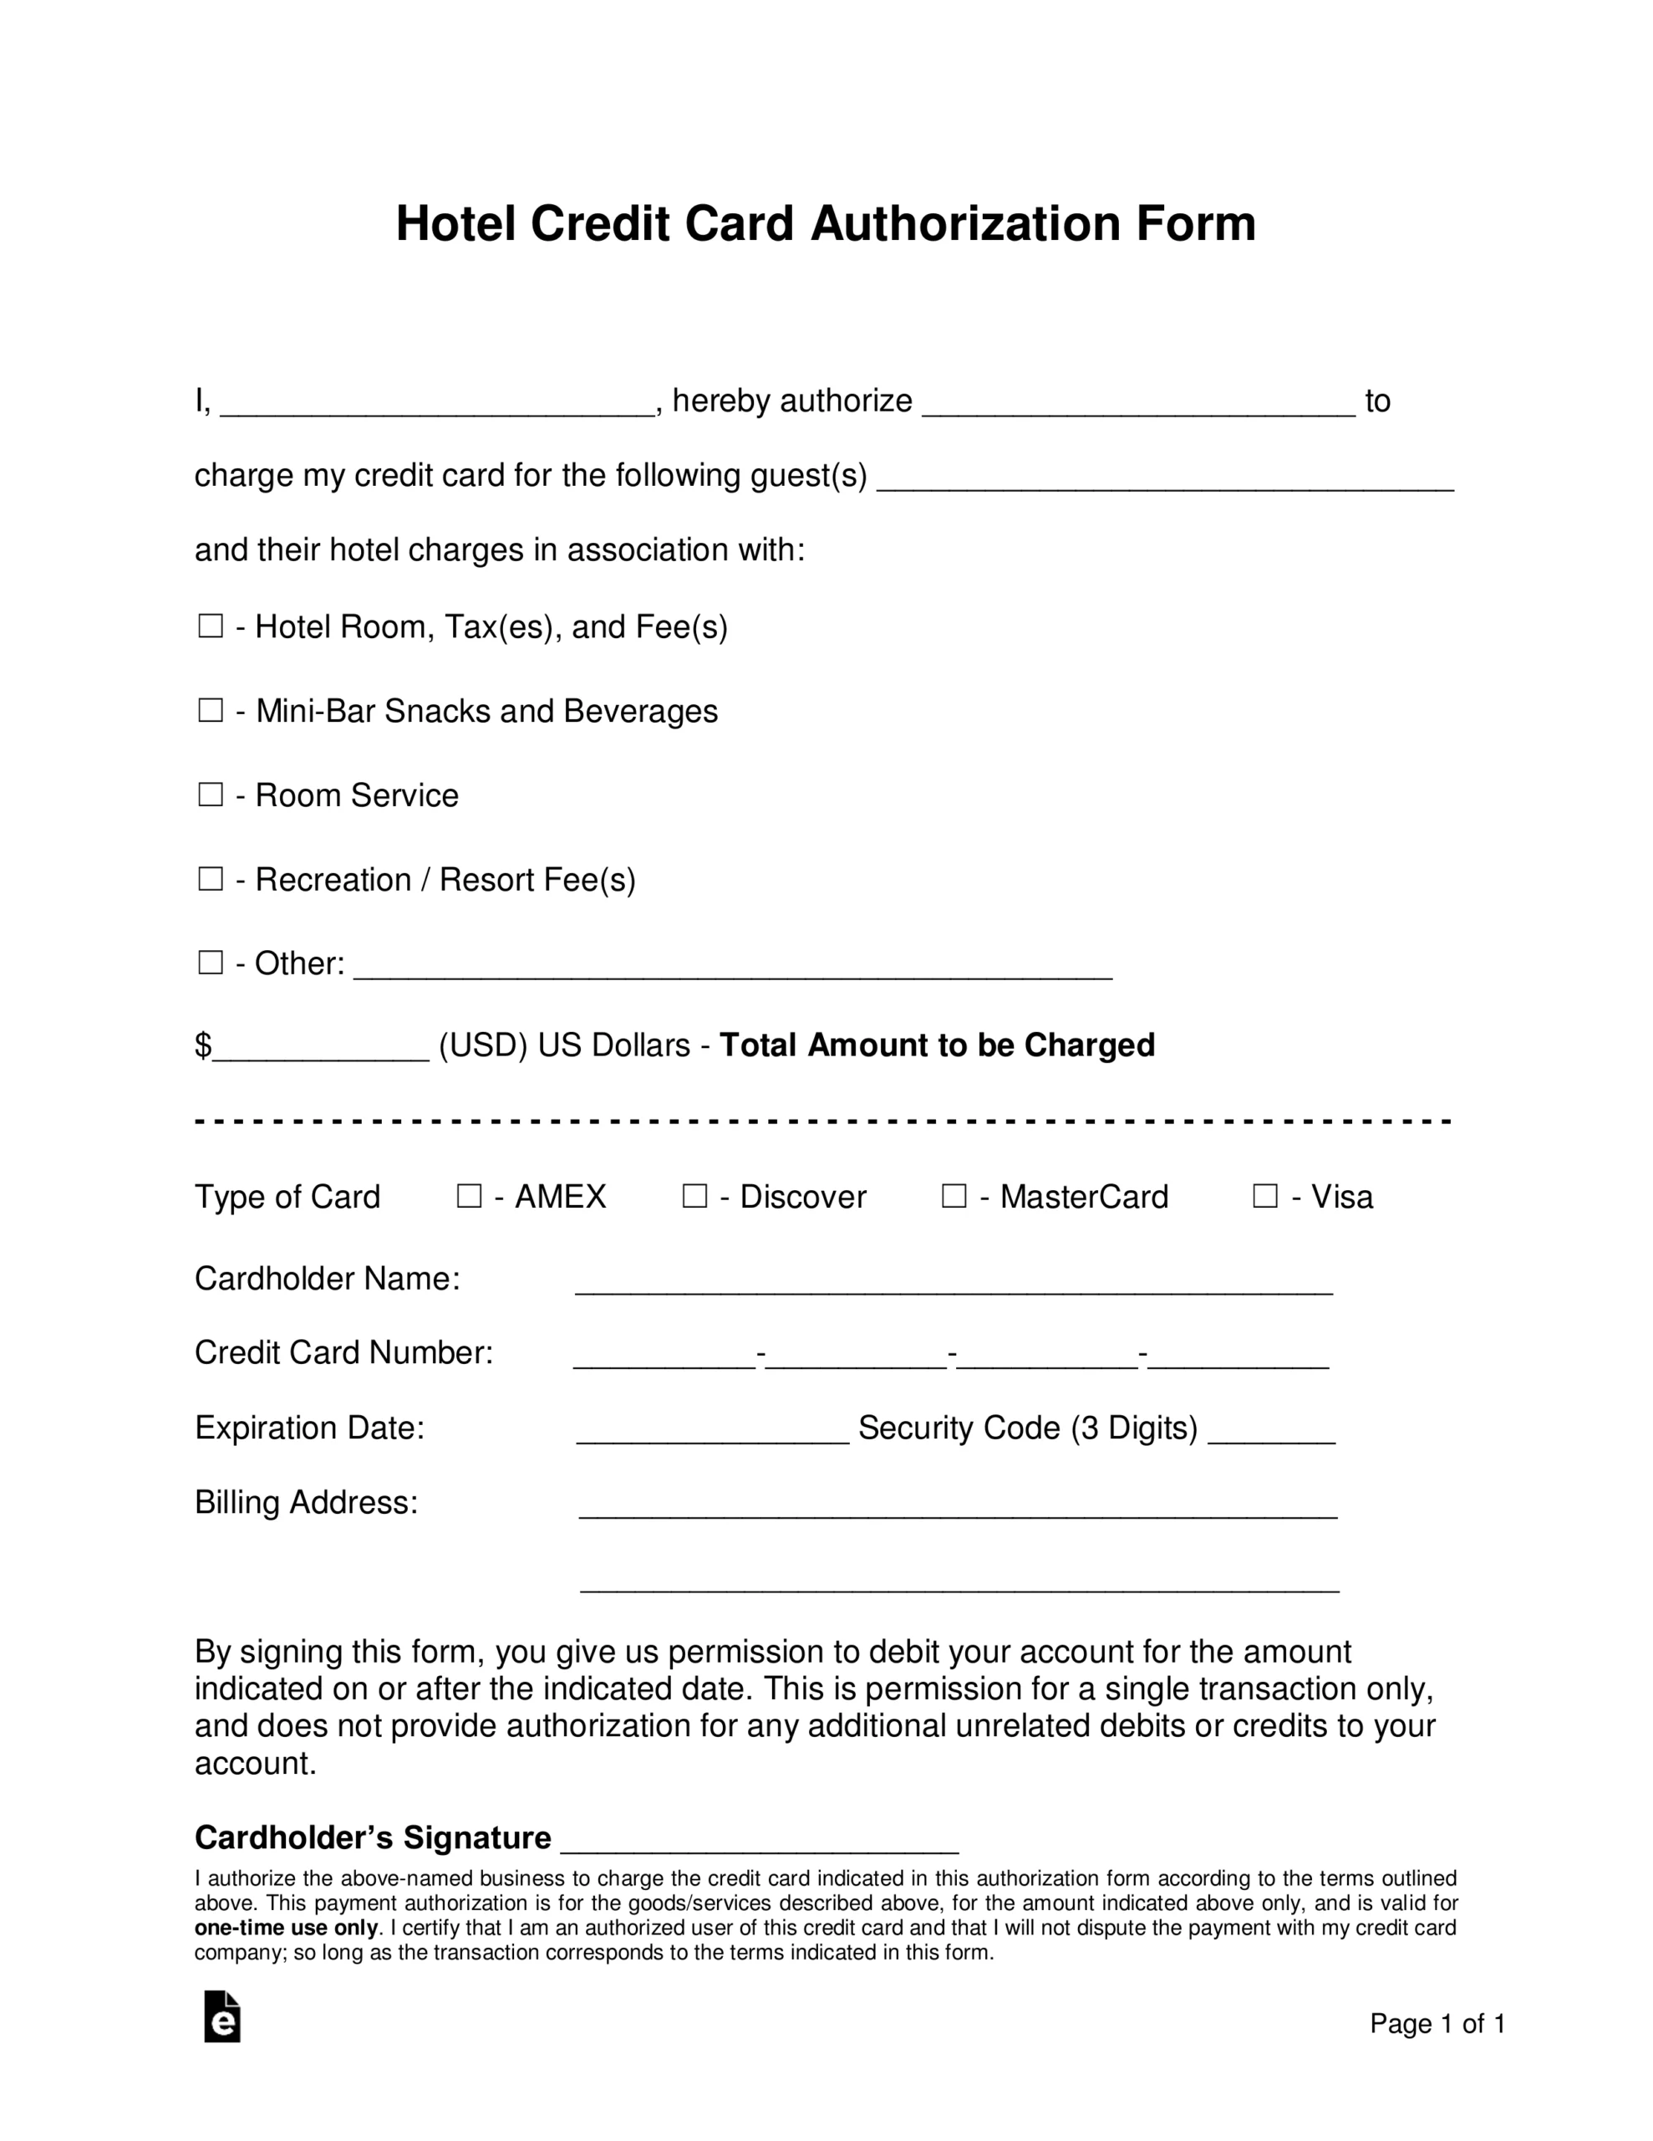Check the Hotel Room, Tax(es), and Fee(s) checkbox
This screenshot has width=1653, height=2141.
211,626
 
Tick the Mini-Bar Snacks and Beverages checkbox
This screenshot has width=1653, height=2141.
211,710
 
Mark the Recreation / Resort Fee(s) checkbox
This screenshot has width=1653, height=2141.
211,878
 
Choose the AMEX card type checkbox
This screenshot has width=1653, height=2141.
470,1195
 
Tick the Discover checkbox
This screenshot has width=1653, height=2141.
694,1195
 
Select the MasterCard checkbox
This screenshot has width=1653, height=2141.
954,1195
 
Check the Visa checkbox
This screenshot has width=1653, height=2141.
1265,1195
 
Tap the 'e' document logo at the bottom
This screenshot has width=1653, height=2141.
222,2016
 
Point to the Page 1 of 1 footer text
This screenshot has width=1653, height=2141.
1437,2023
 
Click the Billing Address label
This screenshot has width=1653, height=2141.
306,1502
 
